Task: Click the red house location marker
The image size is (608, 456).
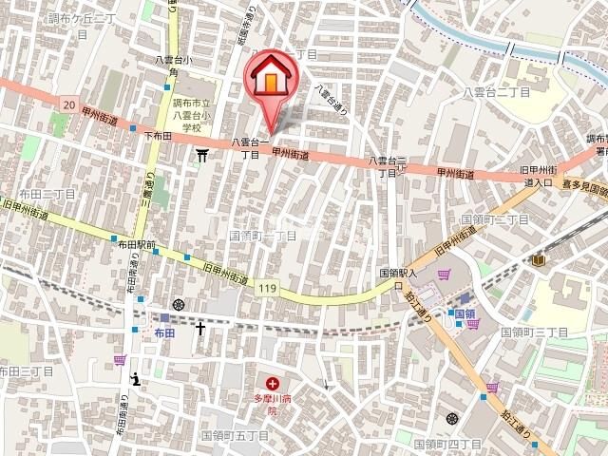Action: pos(270,79)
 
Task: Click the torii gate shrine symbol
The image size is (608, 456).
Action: pos(202,155)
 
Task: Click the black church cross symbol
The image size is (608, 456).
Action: pos(200,329)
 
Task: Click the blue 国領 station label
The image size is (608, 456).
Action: pos(464,313)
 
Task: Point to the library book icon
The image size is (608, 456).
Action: pos(540,259)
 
